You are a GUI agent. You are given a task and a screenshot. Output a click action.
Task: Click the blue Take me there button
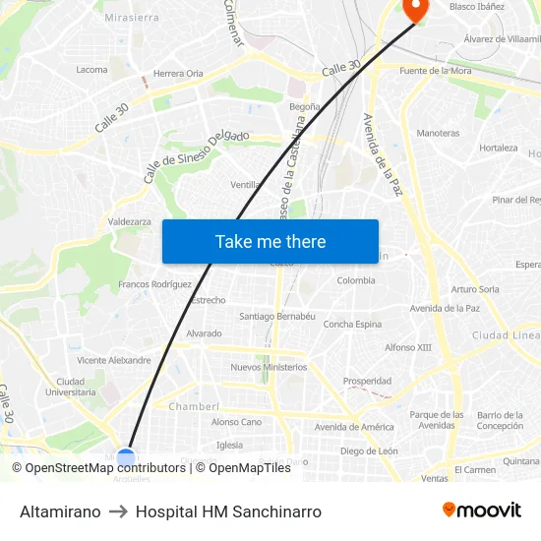pyautogui.click(x=270, y=242)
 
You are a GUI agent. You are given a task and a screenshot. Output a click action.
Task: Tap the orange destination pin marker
pyautogui.click(x=416, y=9)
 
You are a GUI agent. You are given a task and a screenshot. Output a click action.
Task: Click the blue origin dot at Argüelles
pyautogui.click(x=126, y=458)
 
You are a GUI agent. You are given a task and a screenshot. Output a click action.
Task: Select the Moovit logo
pyautogui.click(x=482, y=511)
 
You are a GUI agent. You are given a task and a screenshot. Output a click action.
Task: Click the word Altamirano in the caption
pyautogui.click(x=60, y=511)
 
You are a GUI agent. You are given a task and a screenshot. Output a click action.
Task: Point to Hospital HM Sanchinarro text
pyautogui.click(x=228, y=511)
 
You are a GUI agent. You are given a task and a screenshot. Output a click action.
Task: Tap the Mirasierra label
pyautogui.click(x=131, y=18)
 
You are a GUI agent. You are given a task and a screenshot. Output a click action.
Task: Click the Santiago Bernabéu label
pyautogui.click(x=277, y=316)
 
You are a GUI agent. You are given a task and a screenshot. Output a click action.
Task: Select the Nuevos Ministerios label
pyautogui.click(x=269, y=367)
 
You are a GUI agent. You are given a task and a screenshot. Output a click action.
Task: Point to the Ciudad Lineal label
pyautogui.click(x=506, y=335)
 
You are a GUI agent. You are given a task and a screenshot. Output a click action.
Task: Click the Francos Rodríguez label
pyautogui.click(x=154, y=284)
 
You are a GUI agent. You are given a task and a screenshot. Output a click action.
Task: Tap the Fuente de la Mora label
pyautogui.click(x=435, y=71)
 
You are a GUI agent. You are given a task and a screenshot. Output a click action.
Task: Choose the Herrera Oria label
pyautogui.click(x=178, y=73)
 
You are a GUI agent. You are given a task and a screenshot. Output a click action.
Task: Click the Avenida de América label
pyautogui.click(x=354, y=427)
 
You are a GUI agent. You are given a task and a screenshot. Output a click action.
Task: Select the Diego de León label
pyautogui.click(x=369, y=451)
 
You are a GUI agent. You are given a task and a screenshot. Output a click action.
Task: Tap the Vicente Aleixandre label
pyautogui.click(x=114, y=360)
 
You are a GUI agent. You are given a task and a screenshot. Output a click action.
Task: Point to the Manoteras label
pyautogui.click(x=438, y=133)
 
